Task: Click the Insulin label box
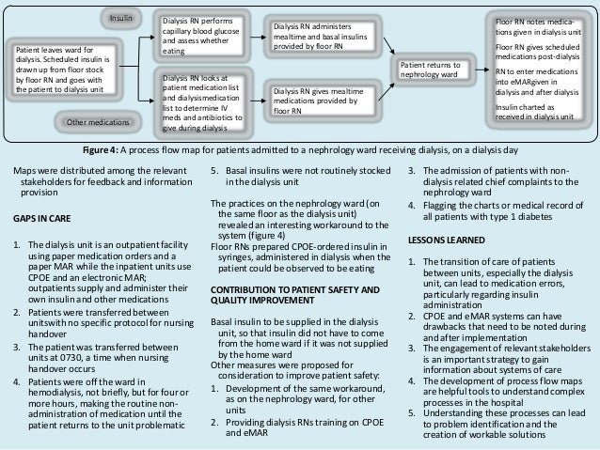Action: [x=119, y=18]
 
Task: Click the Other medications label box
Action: [x=98, y=121]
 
